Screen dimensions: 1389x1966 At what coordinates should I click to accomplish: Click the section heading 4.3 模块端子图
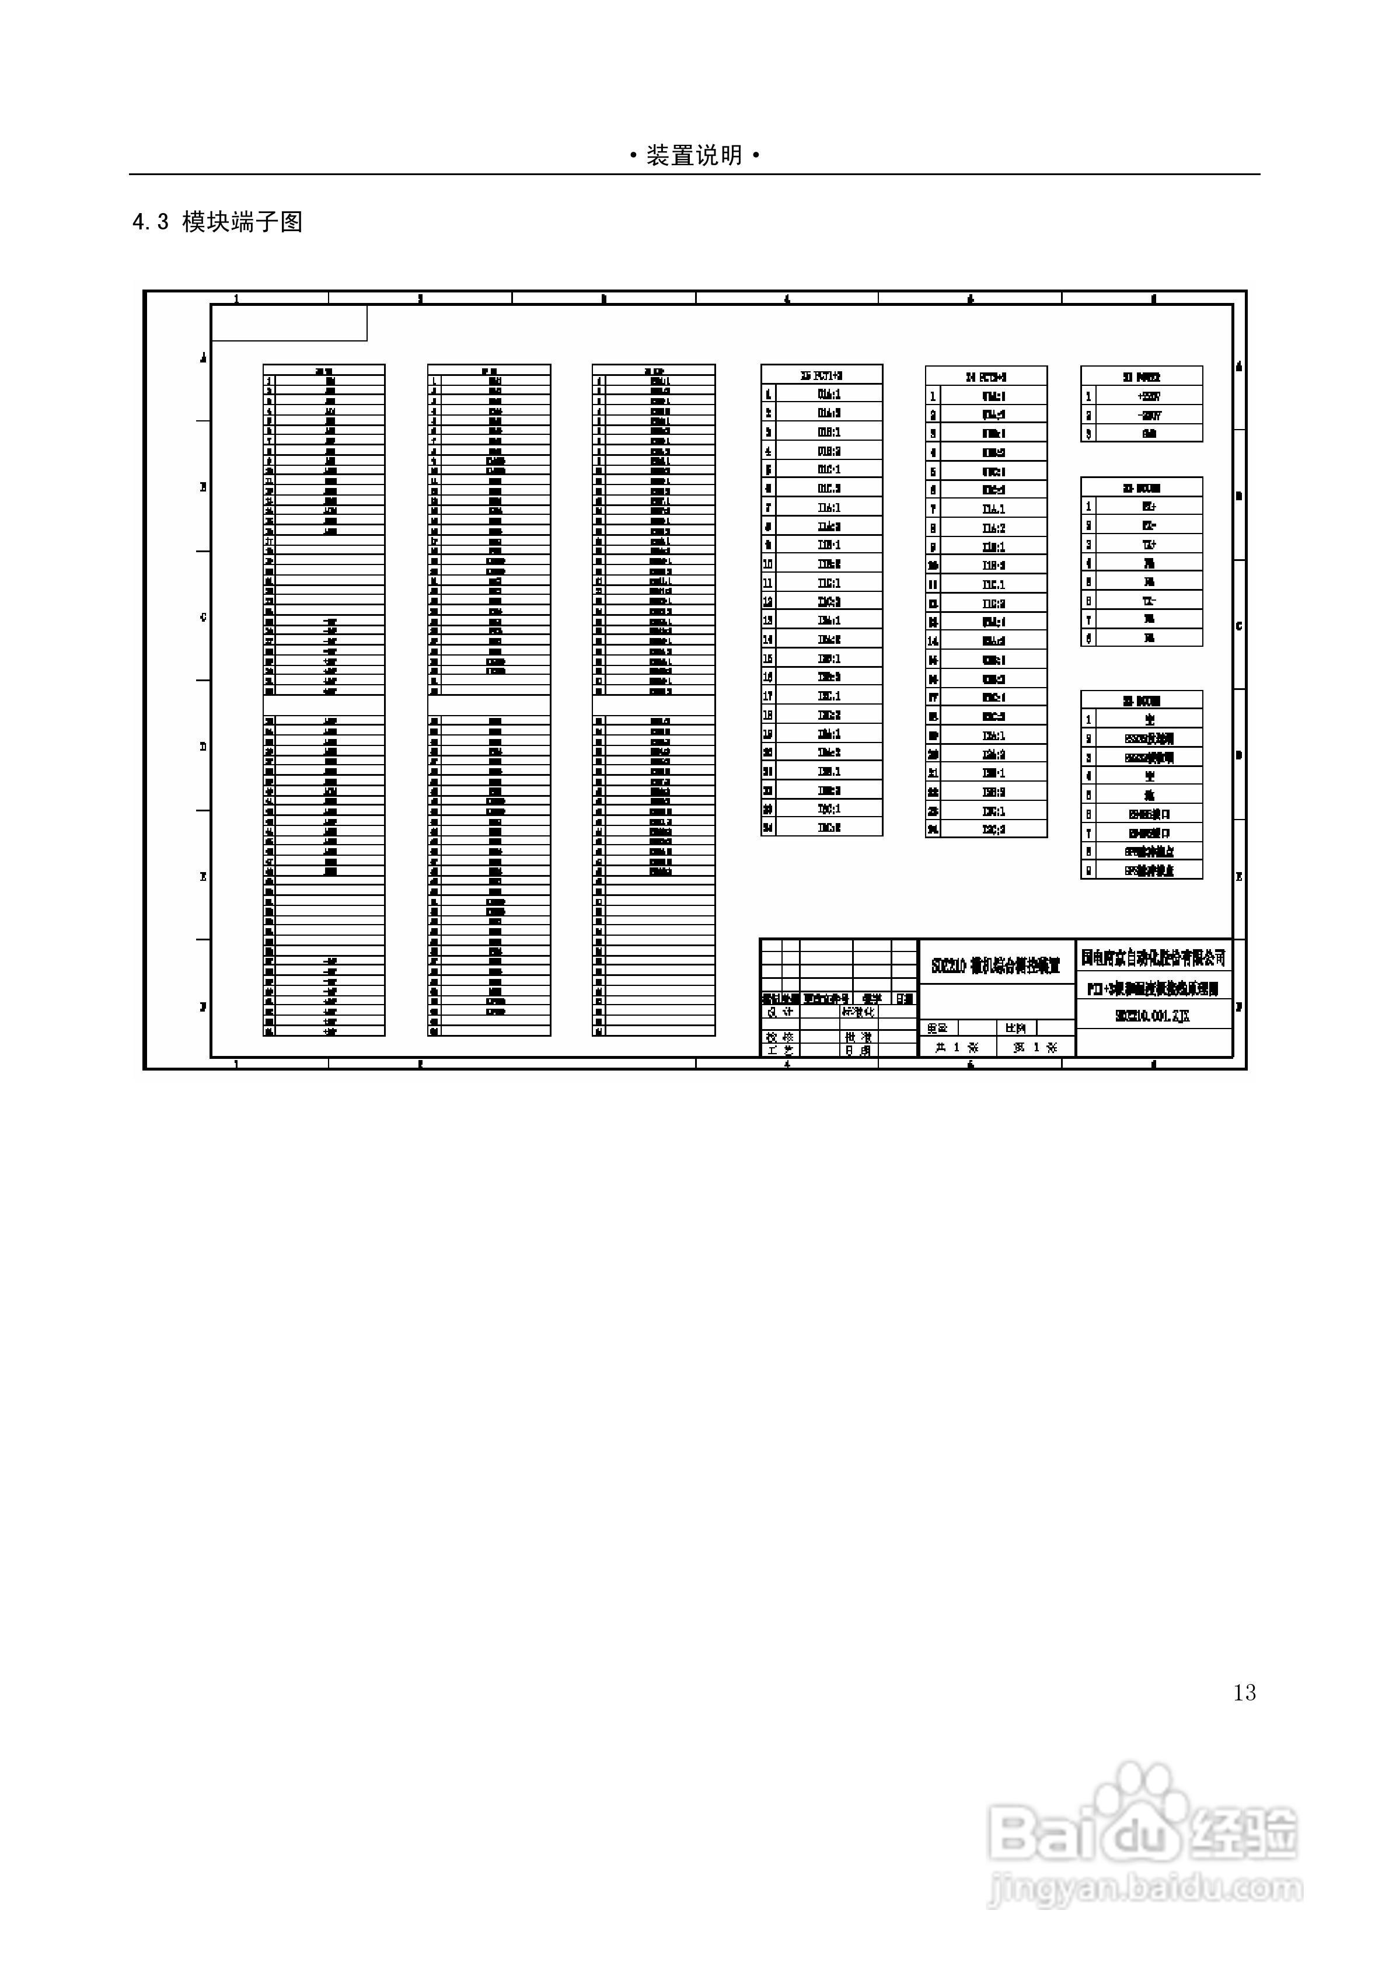tap(218, 222)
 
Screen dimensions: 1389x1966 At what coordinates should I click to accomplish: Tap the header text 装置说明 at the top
tap(694, 156)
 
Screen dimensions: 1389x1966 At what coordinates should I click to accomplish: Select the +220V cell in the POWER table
tap(1149, 396)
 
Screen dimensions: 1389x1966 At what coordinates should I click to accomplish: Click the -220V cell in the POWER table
tap(1149, 415)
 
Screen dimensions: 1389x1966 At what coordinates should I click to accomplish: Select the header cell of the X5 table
tap(821, 375)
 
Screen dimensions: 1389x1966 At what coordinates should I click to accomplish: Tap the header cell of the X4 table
tap(986, 377)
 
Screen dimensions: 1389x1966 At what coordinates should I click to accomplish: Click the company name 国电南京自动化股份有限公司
tap(1153, 957)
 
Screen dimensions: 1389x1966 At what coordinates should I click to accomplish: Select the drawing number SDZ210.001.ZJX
tap(1153, 1016)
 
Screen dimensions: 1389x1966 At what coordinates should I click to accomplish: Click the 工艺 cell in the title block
tap(780, 1050)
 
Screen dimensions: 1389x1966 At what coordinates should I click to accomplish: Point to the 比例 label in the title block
tap(1015, 1027)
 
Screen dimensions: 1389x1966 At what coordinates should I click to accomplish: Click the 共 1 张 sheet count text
tap(957, 1047)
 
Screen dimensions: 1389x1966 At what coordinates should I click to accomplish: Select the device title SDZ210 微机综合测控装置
tap(996, 966)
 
